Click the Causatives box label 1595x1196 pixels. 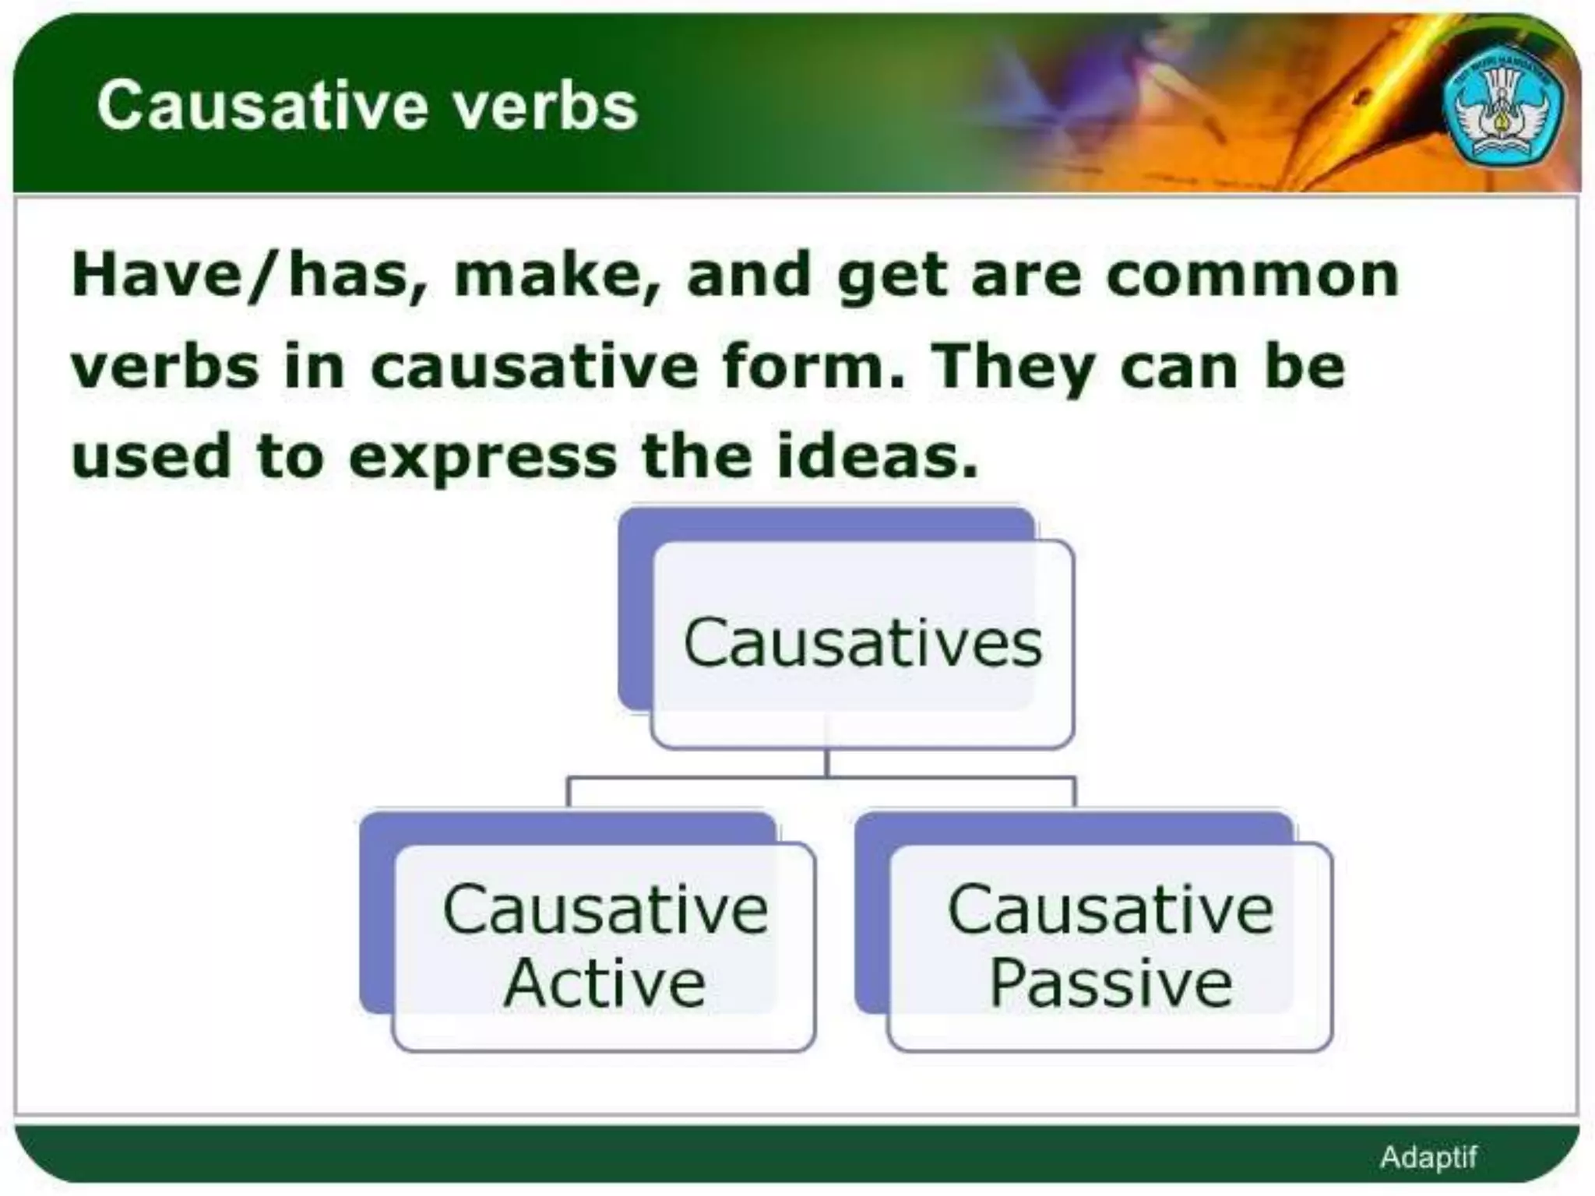point(862,643)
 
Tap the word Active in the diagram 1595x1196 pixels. point(604,983)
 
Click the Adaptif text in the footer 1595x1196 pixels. point(1428,1157)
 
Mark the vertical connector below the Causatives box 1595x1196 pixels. point(827,763)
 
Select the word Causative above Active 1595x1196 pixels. point(605,909)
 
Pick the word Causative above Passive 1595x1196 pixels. point(1111,909)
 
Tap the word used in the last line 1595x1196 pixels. point(151,456)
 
